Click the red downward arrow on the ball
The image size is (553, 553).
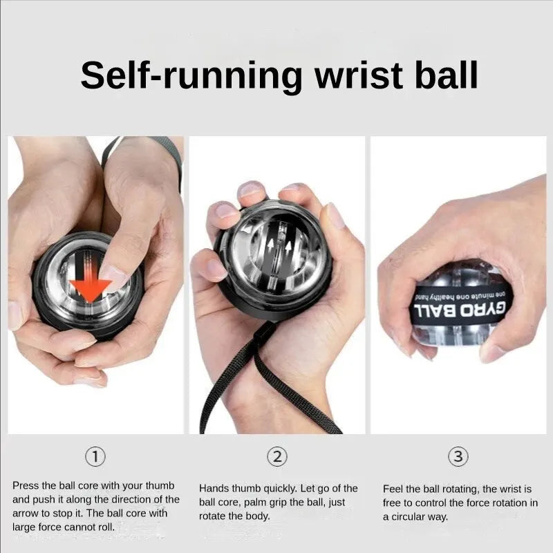(91, 285)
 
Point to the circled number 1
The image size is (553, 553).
(95, 456)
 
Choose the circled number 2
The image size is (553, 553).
(277, 456)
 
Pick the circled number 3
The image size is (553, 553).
(459, 456)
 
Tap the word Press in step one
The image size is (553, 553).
(26, 486)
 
